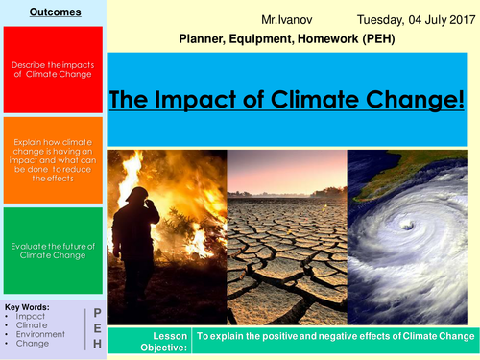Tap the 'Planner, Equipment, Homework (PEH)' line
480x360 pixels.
point(286,39)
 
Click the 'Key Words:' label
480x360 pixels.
point(27,307)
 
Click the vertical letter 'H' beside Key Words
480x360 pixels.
point(97,345)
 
